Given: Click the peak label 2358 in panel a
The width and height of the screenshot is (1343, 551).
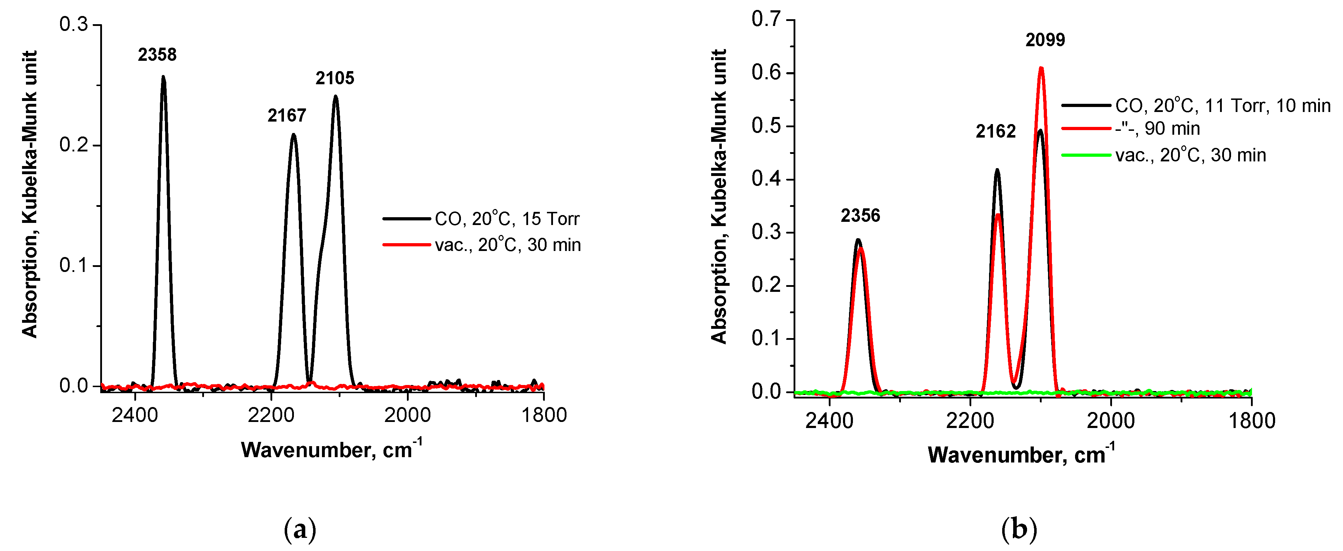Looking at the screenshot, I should (x=157, y=55).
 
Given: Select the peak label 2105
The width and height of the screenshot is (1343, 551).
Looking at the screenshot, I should (x=335, y=78).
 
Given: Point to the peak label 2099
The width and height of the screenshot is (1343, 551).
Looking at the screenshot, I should (x=1045, y=40).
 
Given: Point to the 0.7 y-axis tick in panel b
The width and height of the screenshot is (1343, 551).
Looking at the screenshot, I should (x=766, y=19).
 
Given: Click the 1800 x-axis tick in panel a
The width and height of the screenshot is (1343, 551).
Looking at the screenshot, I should (x=544, y=416).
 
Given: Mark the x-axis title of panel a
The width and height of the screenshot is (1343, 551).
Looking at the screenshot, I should (x=332, y=449).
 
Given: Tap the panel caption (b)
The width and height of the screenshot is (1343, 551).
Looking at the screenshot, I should (x=1019, y=530).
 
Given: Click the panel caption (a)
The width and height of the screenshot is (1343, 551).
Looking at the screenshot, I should (x=300, y=530).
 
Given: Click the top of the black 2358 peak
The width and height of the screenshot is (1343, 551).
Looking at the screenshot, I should (x=163, y=77).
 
